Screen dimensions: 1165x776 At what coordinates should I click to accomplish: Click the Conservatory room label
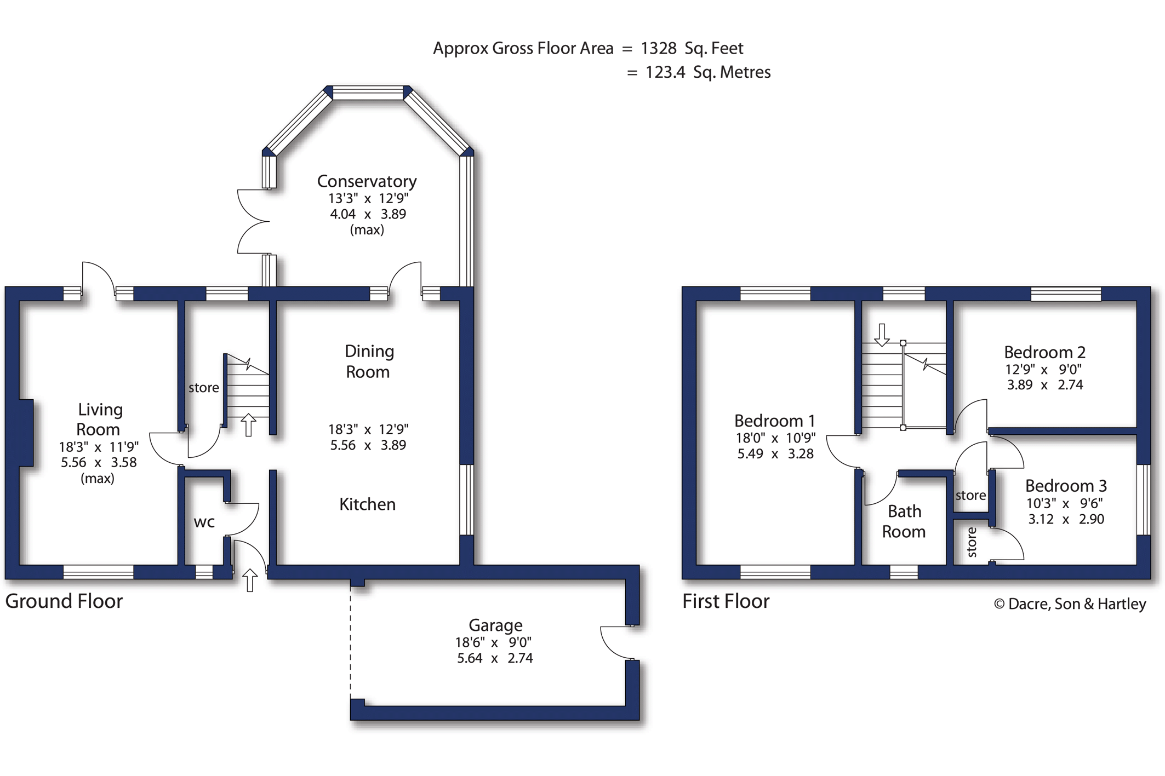367,181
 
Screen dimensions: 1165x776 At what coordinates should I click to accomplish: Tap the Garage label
495,625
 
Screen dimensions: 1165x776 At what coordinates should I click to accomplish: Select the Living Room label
99,419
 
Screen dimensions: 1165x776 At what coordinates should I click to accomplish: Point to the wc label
204,522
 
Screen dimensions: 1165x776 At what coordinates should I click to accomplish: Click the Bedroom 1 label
774,421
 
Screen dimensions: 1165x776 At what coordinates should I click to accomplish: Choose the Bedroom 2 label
1044,352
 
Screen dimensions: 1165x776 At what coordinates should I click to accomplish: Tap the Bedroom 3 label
1066,486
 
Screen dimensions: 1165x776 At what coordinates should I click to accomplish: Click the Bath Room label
904,521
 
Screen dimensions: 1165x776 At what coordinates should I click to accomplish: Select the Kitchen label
367,504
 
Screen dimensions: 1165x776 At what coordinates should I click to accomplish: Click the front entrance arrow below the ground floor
250,580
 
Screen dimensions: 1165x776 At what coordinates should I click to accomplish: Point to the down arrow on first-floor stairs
882,335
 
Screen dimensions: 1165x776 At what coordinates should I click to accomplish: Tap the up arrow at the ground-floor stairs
249,425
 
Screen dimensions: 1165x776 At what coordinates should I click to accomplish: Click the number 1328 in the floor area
659,48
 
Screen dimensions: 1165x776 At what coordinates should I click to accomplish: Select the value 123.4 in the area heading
665,72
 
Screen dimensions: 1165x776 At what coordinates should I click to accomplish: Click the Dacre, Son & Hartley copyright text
1070,604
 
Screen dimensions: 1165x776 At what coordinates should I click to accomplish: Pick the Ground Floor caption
64,601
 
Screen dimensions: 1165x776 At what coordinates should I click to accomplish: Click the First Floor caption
726,601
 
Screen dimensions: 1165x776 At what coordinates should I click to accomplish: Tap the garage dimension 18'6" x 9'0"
493,642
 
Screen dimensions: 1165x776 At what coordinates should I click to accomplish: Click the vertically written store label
972,542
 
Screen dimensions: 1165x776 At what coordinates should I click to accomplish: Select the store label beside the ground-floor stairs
204,388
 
